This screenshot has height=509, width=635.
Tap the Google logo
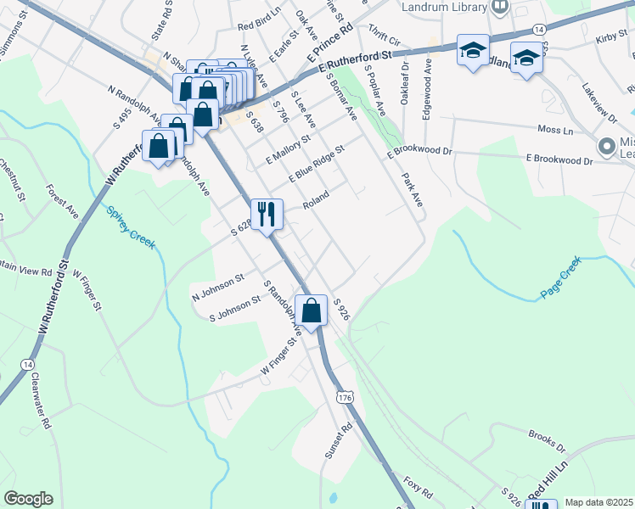coord(28,499)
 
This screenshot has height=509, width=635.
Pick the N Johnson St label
coord(218,287)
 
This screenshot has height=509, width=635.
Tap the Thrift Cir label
coord(385,39)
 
